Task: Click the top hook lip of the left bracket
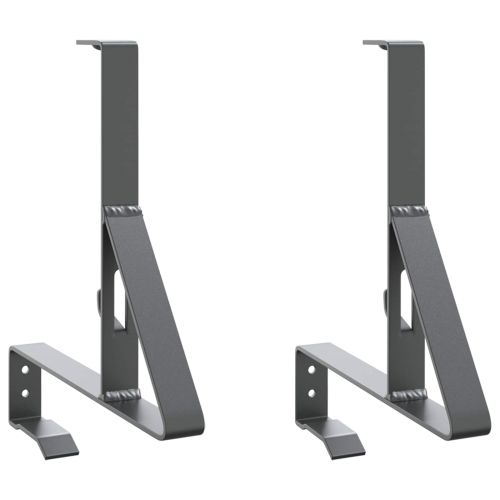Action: click(x=90, y=43)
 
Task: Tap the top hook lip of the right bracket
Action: click(x=377, y=43)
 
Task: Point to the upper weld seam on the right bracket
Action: click(x=408, y=211)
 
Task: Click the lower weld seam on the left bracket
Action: click(x=122, y=396)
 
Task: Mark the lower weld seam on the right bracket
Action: click(x=408, y=396)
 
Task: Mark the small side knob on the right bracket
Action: click(x=386, y=298)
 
